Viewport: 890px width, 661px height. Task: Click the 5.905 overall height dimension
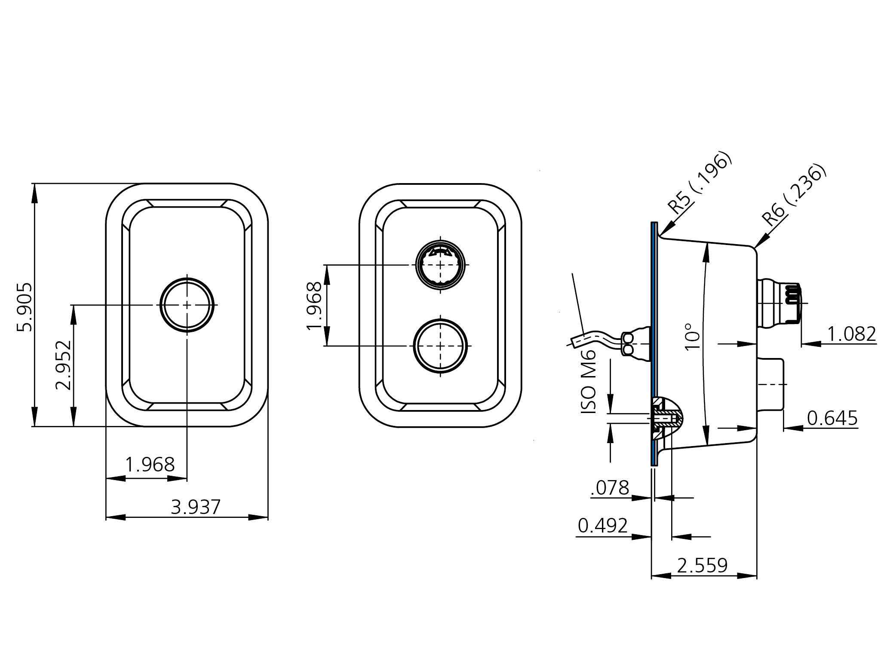(24, 306)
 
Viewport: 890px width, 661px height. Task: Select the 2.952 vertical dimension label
(63, 365)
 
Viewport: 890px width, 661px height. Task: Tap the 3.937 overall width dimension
(195, 507)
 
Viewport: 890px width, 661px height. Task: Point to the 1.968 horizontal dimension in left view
(150, 465)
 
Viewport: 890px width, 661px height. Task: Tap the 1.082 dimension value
(851, 334)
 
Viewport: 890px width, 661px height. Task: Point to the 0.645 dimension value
(832, 418)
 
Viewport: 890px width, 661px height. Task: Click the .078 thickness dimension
(610, 488)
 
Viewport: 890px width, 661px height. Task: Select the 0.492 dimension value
(603, 525)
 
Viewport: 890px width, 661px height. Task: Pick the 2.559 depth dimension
(702, 566)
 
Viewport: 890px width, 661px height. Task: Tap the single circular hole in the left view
(187, 305)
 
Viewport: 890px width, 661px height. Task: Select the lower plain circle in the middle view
(440, 346)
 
